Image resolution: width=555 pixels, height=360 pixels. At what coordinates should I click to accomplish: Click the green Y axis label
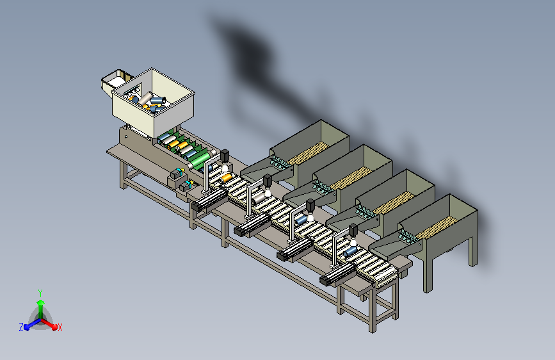40,293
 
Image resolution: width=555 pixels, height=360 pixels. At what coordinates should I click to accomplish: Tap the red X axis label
60,328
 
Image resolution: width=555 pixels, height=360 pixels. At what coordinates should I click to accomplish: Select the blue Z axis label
21,327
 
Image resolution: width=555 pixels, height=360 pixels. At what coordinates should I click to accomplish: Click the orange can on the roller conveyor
225,178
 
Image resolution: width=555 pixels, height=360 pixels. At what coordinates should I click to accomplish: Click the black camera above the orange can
225,156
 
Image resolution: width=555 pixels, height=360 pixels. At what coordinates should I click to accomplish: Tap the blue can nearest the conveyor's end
350,251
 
